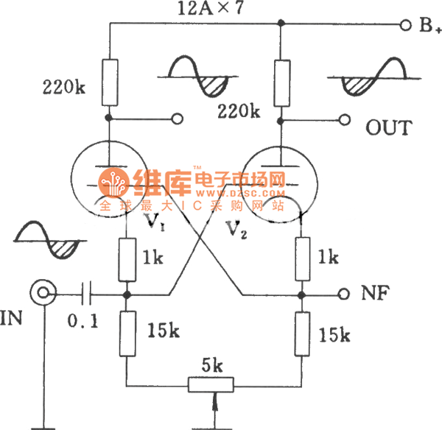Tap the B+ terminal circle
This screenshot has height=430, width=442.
coord(404,25)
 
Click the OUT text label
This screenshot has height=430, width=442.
coord(390,127)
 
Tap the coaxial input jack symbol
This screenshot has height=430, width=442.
coord(43,295)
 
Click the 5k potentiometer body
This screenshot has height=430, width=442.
coord(211,384)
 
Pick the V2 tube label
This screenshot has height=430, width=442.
coord(236,230)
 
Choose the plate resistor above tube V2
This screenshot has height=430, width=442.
coord(281,81)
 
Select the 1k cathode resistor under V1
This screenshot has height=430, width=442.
coord(127,258)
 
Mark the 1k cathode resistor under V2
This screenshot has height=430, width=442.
coord(301,258)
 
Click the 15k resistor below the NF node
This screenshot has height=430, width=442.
coord(301,331)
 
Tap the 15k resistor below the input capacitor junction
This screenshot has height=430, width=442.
coord(127,331)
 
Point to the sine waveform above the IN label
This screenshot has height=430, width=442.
coord(46,236)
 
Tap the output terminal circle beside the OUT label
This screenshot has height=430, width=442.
coord(343,119)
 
